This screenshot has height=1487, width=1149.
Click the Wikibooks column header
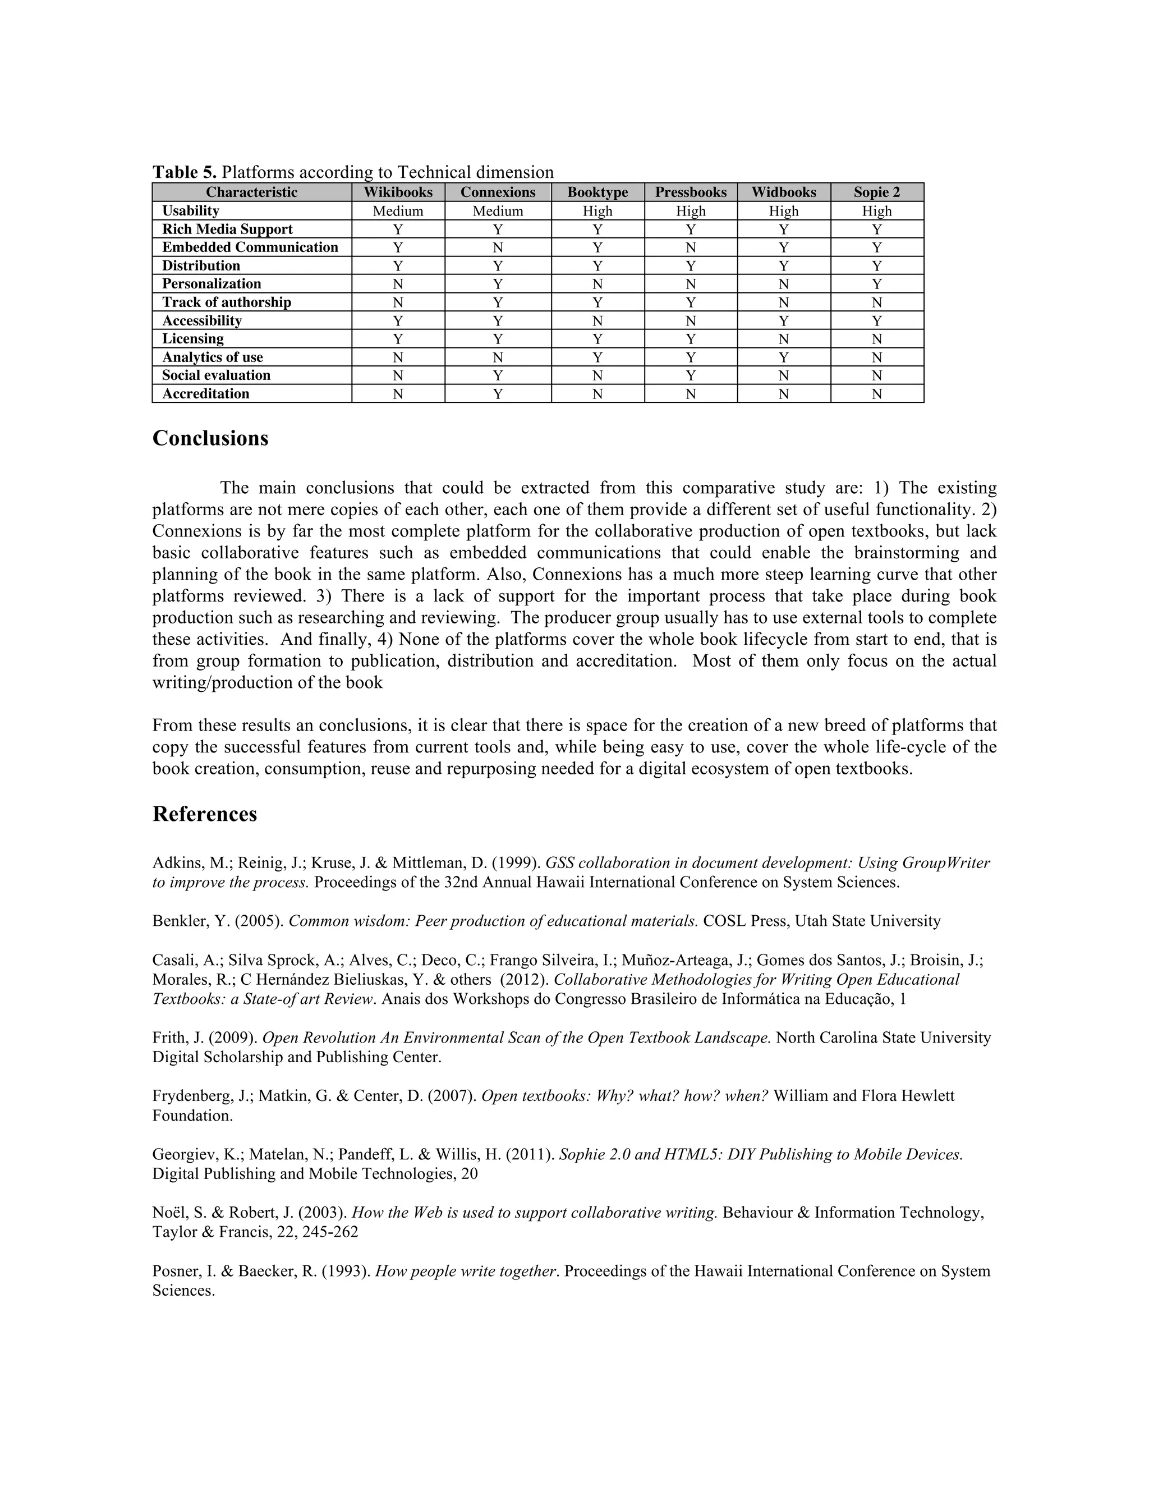point(398,192)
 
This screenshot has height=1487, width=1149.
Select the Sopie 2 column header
point(877,192)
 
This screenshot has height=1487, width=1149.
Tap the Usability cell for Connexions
point(498,211)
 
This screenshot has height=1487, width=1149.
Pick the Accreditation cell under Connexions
point(498,393)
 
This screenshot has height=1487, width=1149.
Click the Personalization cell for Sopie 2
point(877,284)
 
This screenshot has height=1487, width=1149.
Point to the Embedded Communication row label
point(250,247)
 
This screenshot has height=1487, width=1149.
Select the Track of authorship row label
point(226,302)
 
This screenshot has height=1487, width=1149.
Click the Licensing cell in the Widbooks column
point(783,339)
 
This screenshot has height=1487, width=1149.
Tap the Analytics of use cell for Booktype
point(597,357)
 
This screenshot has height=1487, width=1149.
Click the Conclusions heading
point(210,438)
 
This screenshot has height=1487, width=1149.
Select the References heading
point(204,814)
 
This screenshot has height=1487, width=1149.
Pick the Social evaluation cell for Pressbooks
point(690,376)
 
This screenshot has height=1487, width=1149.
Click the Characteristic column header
point(251,192)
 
